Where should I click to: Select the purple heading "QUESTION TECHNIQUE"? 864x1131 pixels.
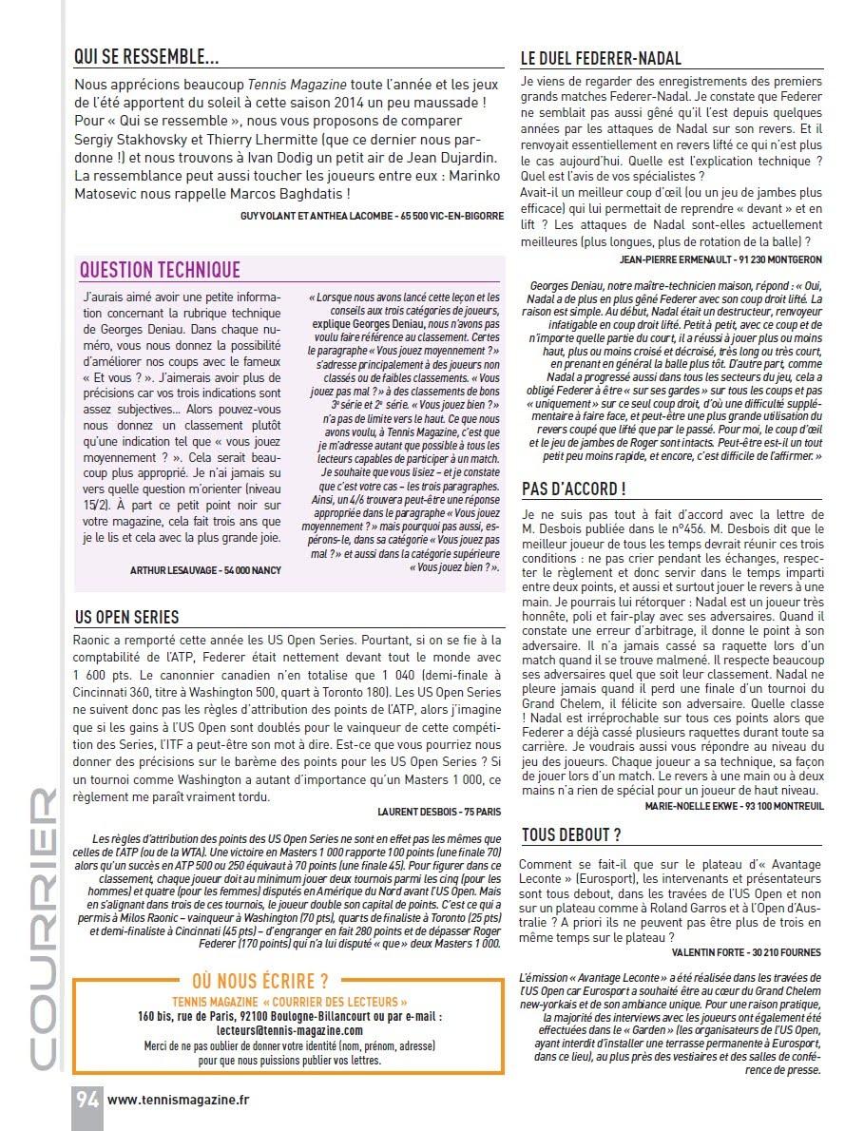pyautogui.click(x=160, y=271)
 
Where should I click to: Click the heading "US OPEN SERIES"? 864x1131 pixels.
pyautogui.click(x=126, y=618)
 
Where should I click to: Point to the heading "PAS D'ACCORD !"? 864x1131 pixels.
pyautogui.click(x=573, y=489)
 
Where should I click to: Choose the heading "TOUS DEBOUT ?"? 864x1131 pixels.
pyautogui.click(x=571, y=835)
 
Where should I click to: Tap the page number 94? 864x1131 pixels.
pyautogui.click(x=87, y=1100)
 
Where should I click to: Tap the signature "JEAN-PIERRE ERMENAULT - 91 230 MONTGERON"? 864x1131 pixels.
pyautogui.click(x=720, y=259)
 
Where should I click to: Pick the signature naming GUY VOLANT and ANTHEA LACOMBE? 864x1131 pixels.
pyautogui.click(x=373, y=216)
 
